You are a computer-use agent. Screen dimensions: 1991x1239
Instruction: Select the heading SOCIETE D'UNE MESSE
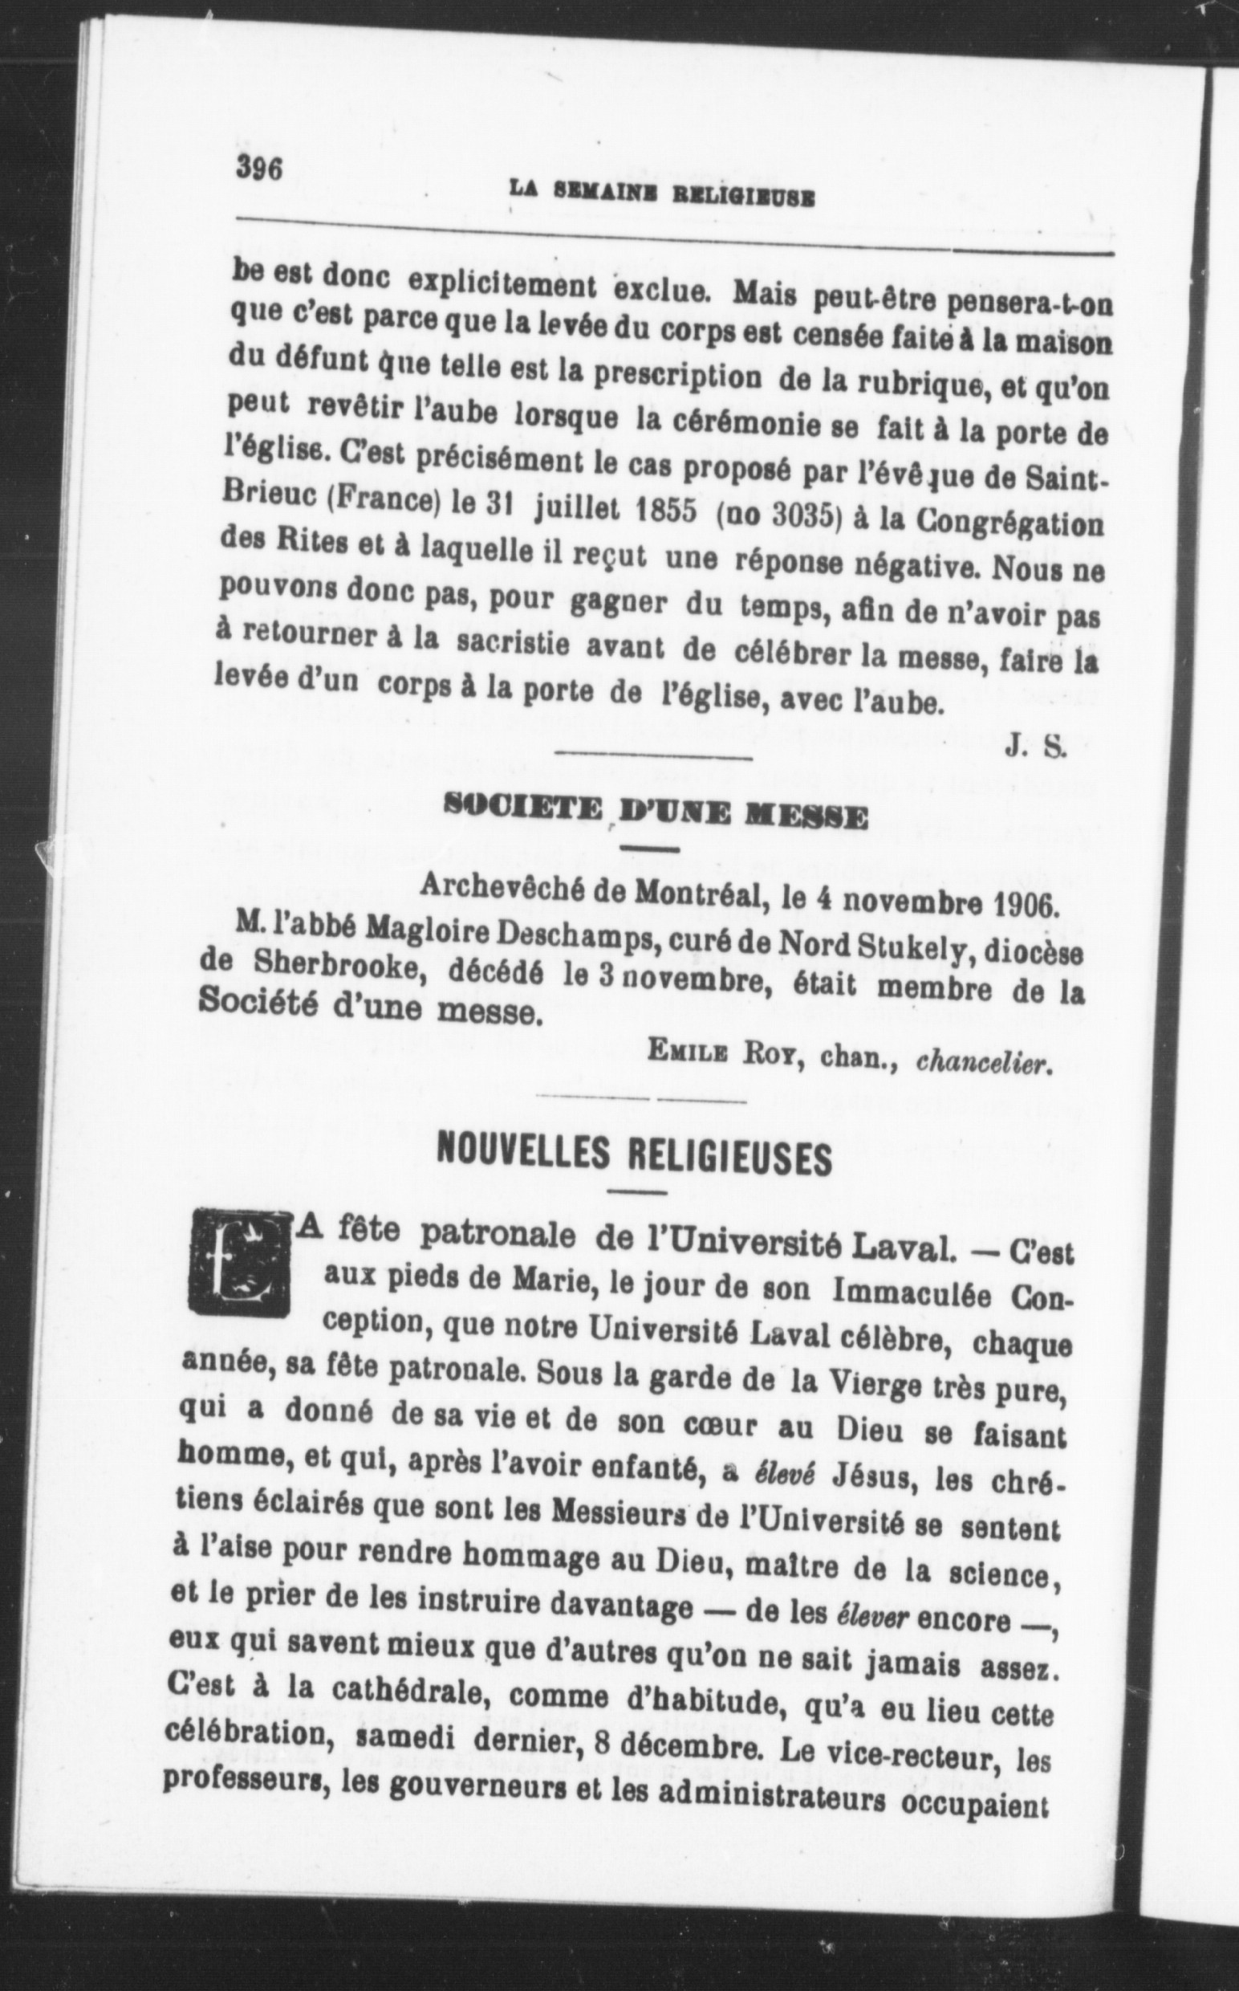(x=654, y=816)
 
